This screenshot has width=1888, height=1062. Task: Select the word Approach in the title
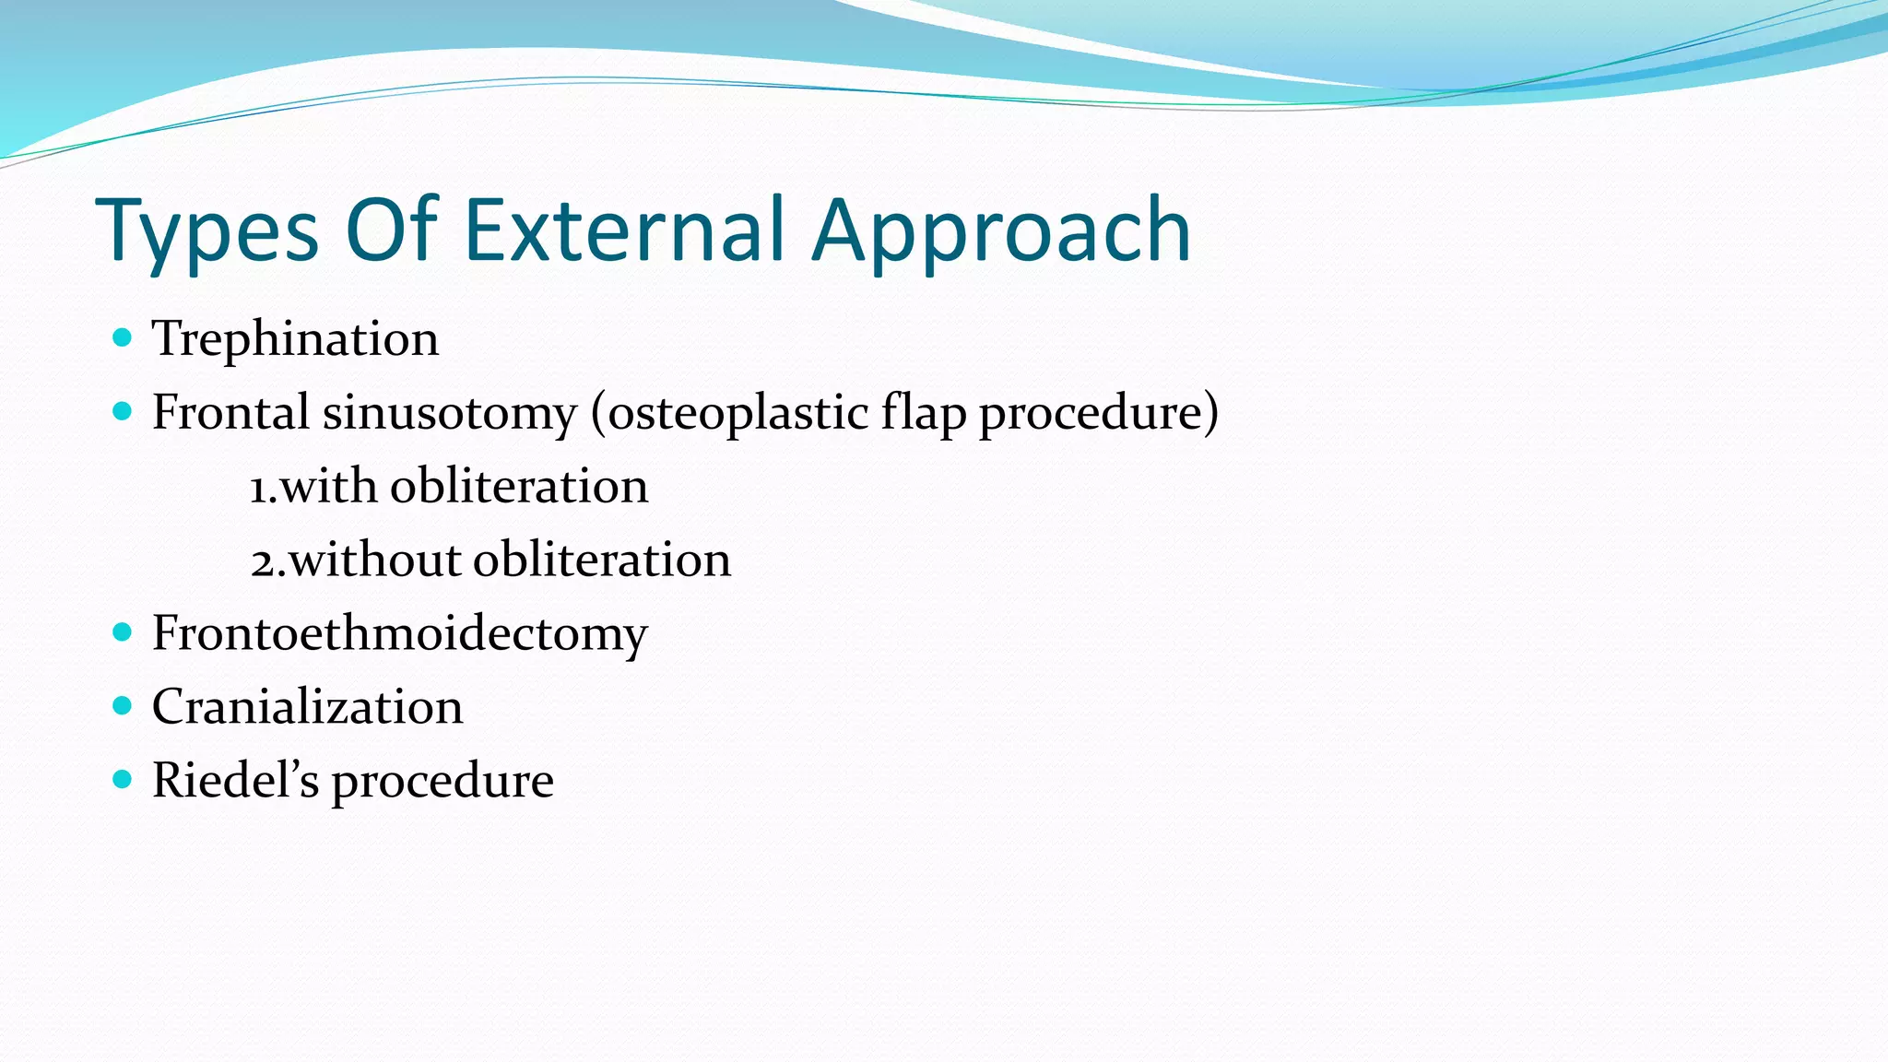[x=1002, y=230]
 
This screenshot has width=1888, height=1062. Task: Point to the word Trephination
[x=295, y=338]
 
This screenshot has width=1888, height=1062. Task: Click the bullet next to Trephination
[x=122, y=337]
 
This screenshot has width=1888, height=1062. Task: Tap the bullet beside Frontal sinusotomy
[x=122, y=411]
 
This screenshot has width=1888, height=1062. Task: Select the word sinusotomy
[x=449, y=412]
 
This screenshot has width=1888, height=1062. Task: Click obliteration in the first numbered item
[x=519, y=486]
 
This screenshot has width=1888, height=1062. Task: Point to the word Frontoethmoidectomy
[x=399, y=633]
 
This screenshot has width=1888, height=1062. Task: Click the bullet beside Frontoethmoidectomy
[x=122, y=632]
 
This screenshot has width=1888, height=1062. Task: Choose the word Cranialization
[x=307, y=707]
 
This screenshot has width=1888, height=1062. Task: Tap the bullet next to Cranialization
[x=122, y=706]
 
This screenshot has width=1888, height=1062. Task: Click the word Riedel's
[x=235, y=781]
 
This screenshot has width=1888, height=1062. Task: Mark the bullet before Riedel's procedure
[x=122, y=780]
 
